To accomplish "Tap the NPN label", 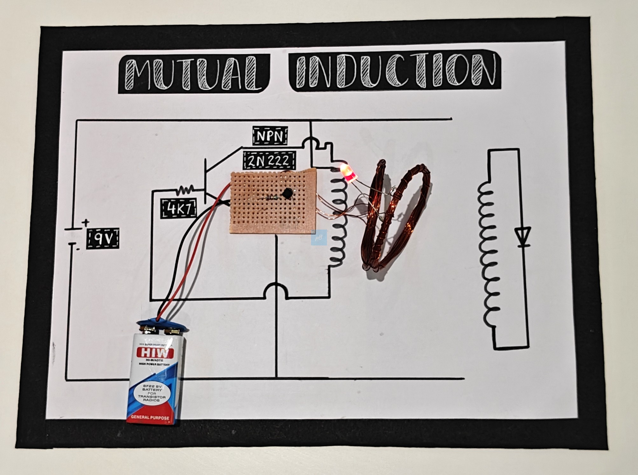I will point(270,136).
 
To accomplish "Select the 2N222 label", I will point(269,161).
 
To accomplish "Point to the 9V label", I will point(103,238).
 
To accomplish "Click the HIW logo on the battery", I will point(155,353).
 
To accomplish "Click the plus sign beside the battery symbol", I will point(86,223).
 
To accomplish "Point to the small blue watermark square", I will point(319,237).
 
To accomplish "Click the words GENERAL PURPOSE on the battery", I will point(150,417).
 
